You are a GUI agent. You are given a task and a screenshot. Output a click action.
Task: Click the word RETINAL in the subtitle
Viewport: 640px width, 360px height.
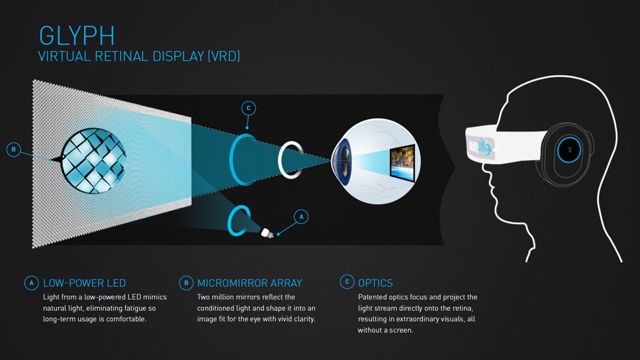pos(121,56)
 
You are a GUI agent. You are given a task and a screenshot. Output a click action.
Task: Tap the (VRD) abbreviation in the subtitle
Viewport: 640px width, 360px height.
pos(223,56)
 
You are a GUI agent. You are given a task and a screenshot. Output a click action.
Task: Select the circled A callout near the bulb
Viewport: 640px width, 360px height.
pos(301,217)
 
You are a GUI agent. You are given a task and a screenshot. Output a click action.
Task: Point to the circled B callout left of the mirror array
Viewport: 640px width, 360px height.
pos(13,149)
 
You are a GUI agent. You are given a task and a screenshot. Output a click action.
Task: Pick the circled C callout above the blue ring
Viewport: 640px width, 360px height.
pos(249,108)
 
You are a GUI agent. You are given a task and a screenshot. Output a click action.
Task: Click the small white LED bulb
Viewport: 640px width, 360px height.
pos(267,233)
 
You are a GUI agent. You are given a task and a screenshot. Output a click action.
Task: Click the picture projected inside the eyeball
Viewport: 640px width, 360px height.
pos(402,163)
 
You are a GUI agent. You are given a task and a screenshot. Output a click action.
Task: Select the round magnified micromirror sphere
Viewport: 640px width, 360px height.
pos(93,161)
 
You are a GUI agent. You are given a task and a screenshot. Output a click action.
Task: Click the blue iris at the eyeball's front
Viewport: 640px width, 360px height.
pos(343,162)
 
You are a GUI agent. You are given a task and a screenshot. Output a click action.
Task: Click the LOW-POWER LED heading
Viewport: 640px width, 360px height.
pos(84,283)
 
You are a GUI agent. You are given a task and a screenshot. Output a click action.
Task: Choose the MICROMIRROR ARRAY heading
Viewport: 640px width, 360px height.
pos(250,283)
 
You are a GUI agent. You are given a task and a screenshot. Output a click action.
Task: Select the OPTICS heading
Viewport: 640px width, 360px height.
pos(375,283)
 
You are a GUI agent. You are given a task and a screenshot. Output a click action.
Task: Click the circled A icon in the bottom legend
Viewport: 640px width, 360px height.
pos(31,283)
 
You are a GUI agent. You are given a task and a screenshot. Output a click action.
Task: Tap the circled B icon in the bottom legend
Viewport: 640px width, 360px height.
pos(186,283)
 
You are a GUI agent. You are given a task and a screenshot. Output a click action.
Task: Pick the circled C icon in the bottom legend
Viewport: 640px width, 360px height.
pos(347,282)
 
